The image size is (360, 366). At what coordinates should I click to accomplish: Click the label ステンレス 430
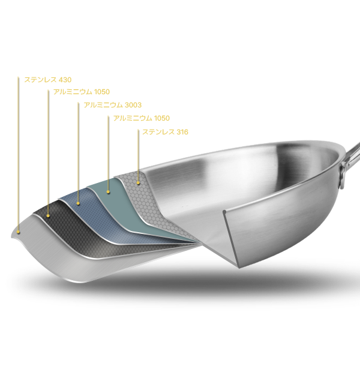(48, 80)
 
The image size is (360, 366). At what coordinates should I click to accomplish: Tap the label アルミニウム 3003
(113, 105)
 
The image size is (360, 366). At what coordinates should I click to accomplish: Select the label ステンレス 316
(165, 132)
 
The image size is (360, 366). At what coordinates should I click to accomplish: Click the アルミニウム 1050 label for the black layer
(82, 92)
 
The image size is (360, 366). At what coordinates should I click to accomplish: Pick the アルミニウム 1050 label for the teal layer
(142, 118)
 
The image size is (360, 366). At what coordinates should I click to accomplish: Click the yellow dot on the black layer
(48, 216)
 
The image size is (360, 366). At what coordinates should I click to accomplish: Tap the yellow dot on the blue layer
(78, 203)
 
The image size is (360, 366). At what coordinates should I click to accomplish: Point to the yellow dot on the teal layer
(108, 192)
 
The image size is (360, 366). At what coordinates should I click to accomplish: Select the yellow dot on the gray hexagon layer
(138, 183)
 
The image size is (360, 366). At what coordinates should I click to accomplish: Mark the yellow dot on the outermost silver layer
(18, 232)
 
